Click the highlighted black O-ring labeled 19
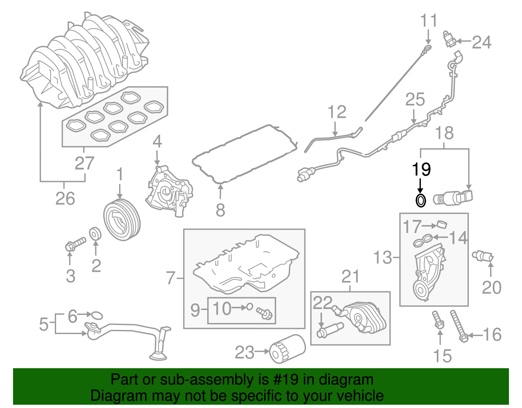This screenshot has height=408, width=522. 421,200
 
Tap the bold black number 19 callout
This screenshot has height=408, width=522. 421,170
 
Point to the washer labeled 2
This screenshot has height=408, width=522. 95,234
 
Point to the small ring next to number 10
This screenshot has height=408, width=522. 249,307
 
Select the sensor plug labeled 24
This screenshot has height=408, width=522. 450,40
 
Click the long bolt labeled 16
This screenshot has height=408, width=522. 458,325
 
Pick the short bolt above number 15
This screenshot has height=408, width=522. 438,320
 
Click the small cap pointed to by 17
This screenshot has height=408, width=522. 441,224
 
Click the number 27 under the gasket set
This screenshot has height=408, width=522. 84,163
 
